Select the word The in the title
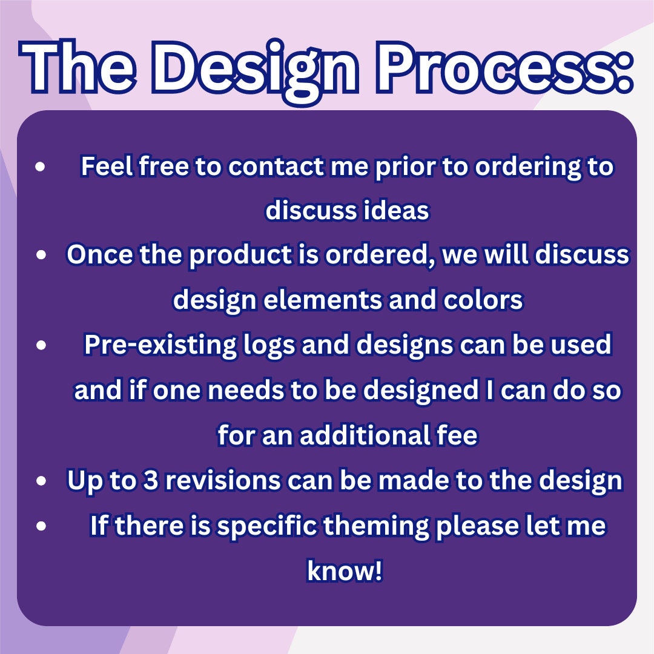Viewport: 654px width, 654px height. point(78,67)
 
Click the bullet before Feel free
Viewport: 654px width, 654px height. point(41,167)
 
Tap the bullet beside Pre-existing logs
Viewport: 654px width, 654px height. point(41,345)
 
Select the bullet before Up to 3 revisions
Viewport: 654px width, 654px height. point(41,481)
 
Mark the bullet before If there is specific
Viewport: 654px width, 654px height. point(41,526)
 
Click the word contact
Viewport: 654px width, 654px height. point(276,167)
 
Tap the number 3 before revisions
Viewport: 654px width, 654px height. point(151,480)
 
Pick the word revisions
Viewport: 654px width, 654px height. point(223,480)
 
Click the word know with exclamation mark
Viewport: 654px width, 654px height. point(345,570)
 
